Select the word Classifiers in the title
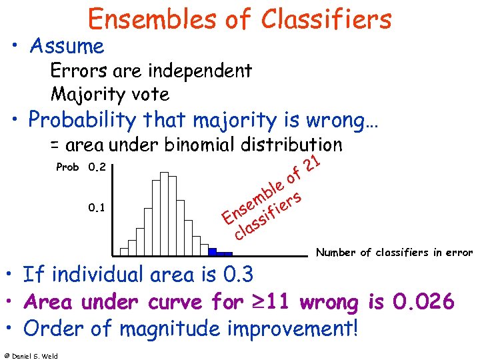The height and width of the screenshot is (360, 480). click(x=326, y=19)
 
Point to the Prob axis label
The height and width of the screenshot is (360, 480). click(x=68, y=167)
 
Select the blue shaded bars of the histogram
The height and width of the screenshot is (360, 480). click(x=219, y=253)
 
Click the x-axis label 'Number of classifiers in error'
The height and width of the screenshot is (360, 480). click(x=394, y=252)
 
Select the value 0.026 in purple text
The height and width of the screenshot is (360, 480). click(x=423, y=302)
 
